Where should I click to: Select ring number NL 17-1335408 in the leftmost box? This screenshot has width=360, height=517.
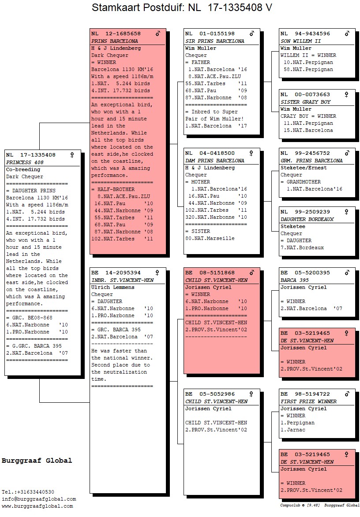(x=30, y=155)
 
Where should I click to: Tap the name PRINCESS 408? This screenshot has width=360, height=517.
(x=25, y=162)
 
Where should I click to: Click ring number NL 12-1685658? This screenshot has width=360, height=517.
(x=116, y=34)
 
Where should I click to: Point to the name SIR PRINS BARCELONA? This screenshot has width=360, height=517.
(x=214, y=41)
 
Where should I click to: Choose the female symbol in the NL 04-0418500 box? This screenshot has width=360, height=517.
(x=251, y=153)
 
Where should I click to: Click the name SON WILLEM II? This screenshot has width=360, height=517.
(x=300, y=41)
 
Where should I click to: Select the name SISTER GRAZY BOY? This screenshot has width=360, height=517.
(x=306, y=102)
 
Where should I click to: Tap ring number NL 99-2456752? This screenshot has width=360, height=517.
(x=305, y=154)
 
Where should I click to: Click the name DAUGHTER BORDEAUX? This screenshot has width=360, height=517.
(x=307, y=219)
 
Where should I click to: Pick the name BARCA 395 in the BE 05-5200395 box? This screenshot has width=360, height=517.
(x=295, y=280)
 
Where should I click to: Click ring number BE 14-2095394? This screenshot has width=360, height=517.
(x=116, y=273)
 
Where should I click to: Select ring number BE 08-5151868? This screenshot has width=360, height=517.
(x=210, y=273)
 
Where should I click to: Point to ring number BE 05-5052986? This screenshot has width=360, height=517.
(x=210, y=394)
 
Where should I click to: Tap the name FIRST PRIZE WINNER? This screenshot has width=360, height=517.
(x=308, y=401)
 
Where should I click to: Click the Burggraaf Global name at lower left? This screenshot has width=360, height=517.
(x=37, y=461)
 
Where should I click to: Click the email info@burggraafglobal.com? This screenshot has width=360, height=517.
(x=39, y=499)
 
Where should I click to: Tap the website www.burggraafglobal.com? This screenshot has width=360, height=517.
(x=37, y=506)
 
